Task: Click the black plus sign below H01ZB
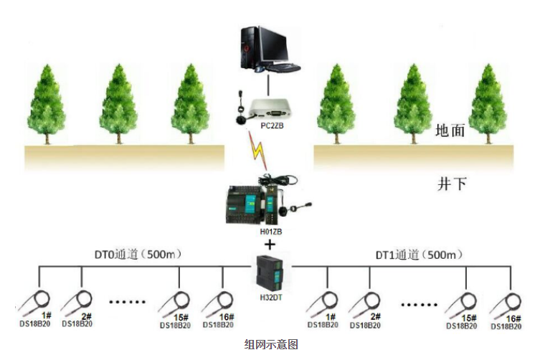(270, 245)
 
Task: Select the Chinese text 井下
(452, 184)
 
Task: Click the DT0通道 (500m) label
(136, 254)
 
